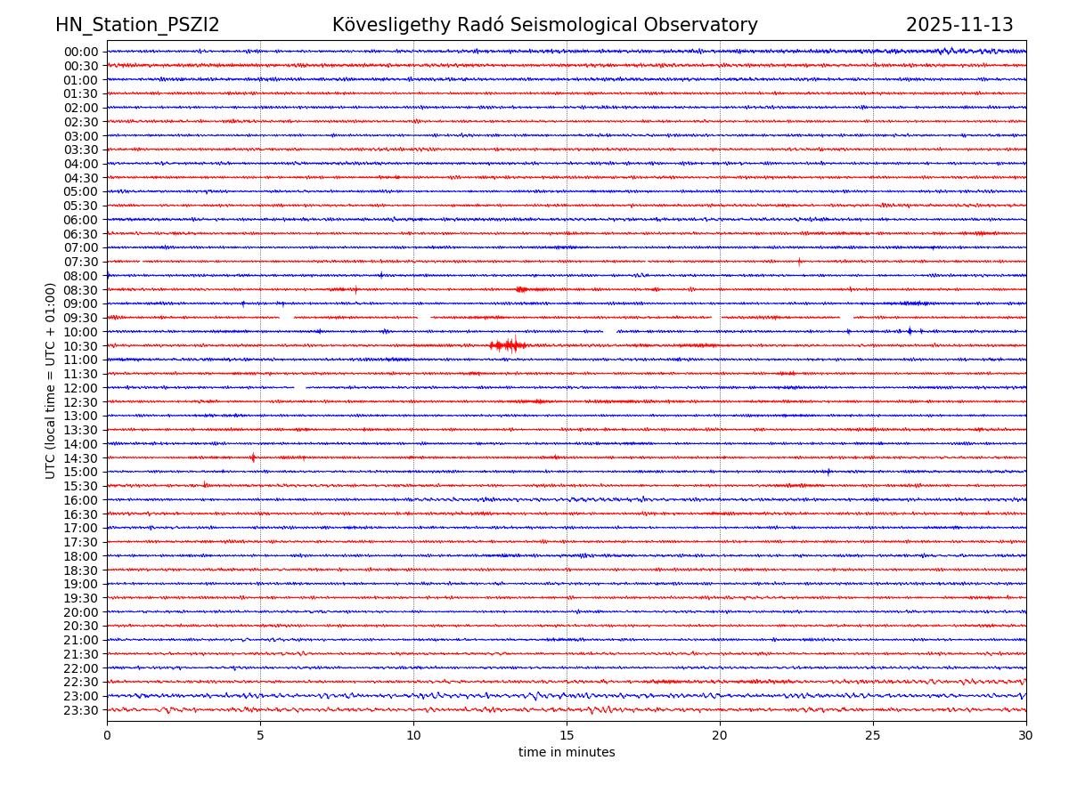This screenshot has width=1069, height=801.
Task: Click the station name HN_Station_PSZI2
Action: coord(137,25)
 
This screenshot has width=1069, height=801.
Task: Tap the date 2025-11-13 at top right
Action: coord(959,25)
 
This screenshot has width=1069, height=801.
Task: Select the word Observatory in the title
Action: coord(709,25)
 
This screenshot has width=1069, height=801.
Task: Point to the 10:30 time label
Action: coord(80,346)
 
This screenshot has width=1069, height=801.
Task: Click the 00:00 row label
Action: coord(80,52)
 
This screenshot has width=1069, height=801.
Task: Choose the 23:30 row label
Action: coord(80,710)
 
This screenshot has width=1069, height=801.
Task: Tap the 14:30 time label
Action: coord(80,458)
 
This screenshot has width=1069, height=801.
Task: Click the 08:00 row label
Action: coord(80,276)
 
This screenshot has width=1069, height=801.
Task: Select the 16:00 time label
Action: coord(80,500)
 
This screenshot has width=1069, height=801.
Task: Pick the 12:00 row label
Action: coord(80,388)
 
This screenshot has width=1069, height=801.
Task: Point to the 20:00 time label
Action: coord(80,612)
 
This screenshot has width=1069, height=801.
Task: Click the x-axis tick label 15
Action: coord(567,736)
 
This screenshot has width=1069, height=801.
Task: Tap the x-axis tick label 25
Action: coord(873,736)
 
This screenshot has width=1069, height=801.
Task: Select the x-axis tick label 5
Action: coord(260,736)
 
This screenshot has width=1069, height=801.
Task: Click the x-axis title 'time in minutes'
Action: coord(567,753)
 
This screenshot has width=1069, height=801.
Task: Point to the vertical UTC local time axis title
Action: coord(52,380)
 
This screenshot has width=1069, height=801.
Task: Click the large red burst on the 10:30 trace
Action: coord(509,345)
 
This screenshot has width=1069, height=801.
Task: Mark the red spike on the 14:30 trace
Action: coord(253,457)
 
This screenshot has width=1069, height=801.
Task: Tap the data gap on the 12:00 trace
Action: coord(300,388)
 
